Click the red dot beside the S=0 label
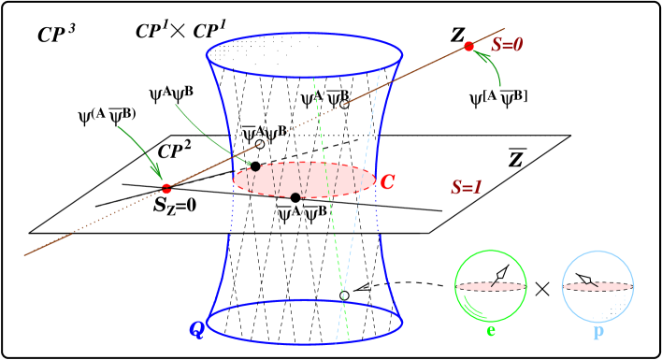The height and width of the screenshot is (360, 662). [468, 47]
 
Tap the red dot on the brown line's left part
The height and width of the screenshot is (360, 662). [166, 189]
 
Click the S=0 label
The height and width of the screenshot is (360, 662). [507, 45]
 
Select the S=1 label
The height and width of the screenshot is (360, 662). [467, 187]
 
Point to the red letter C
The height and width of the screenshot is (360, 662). [387, 181]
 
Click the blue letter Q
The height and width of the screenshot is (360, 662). [195, 327]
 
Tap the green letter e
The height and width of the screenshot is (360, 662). [491, 330]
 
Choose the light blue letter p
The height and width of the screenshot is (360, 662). [598, 332]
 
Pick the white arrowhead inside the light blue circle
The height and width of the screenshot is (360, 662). [584, 279]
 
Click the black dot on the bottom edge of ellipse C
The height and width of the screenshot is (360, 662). [295, 195]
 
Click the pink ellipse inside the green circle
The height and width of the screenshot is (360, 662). [491, 285]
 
